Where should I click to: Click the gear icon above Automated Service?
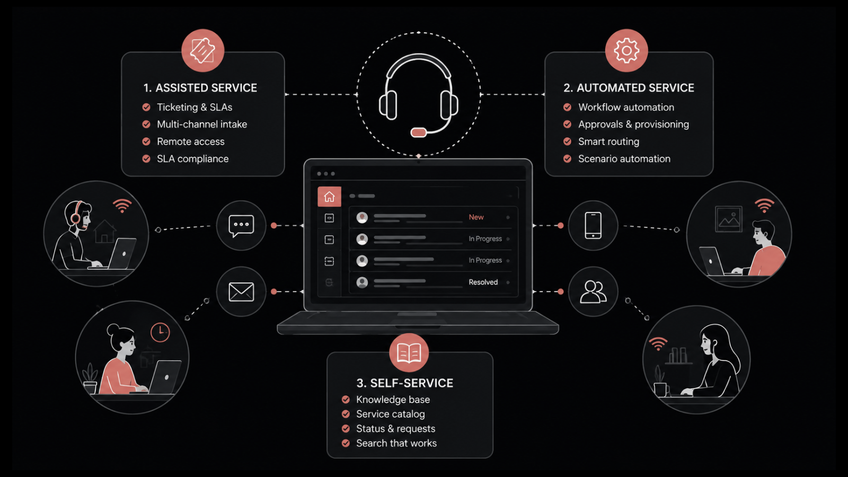tap(626, 50)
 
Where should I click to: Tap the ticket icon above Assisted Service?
tap(202, 50)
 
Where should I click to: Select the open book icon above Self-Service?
tap(409, 353)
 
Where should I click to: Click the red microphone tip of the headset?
tap(419, 132)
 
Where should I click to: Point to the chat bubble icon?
tap(241, 226)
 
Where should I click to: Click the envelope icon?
tap(241, 292)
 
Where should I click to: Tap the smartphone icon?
tap(593, 226)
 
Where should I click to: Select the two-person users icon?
tap(593, 292)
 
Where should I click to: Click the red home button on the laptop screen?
tap(329, 197)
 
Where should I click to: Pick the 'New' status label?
tap(476, 217)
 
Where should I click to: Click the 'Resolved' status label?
tap(483, 282)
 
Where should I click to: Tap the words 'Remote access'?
tap(191, 142)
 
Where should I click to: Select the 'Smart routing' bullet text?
tap(609, 142)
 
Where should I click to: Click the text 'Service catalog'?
tap(390, 414)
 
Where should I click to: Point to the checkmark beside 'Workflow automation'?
tap(567, 107)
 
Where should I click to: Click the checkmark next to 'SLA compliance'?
tap(146, 158)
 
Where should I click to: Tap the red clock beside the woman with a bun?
tap(160, 332)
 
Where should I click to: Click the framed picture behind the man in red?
tap(728, 219)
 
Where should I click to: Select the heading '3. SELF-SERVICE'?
tap(405, 383)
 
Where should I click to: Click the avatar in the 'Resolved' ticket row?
tap(362, 282)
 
